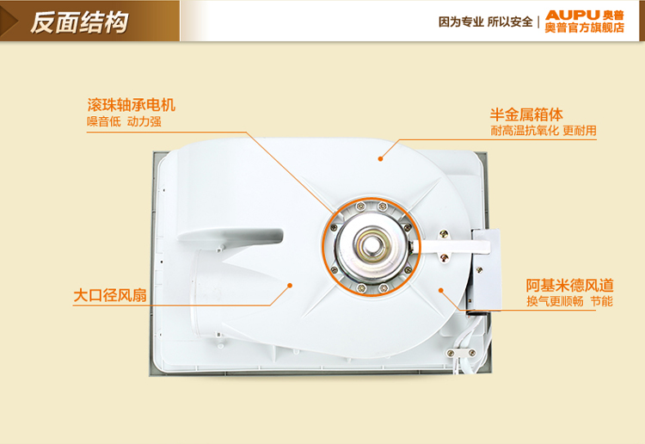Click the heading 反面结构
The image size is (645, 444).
[79, 22]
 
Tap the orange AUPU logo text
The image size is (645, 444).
[573, 15]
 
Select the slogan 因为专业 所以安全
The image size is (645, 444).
[485, 22]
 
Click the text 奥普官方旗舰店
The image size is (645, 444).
[585, 28]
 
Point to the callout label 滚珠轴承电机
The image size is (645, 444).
[132, 105]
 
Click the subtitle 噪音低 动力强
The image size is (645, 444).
[124, 122]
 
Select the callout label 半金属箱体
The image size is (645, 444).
[526, 114]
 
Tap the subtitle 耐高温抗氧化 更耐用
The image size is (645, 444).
[544, 131]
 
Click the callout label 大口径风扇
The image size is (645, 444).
[110, 295]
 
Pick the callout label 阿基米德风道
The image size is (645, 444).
[569, 286]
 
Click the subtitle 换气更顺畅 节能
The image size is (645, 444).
[569, 302]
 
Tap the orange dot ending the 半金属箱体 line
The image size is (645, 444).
[380, 159]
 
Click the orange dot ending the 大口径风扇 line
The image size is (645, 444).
[290, 285]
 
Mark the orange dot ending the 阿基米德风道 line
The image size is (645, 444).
[440, 291]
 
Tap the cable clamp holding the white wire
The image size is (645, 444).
[461, 354]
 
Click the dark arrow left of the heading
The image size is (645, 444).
[9, 21]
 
